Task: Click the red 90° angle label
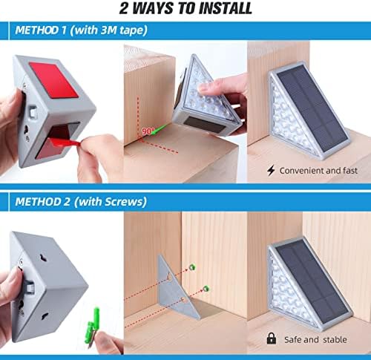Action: (148, 131)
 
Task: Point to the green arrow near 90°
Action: (159, 129)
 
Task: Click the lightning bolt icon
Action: (271, 171)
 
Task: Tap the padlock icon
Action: (272, 338)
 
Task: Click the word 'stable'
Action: (335, 339)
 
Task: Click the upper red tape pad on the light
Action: (54, 79)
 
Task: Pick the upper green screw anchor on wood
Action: (192, 267)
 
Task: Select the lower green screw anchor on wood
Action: (206, 288)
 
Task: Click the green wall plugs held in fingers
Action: (92, 325)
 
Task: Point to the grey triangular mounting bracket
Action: (174, 288)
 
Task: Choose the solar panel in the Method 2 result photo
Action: (314, 283)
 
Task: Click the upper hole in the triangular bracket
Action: (170, 277)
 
